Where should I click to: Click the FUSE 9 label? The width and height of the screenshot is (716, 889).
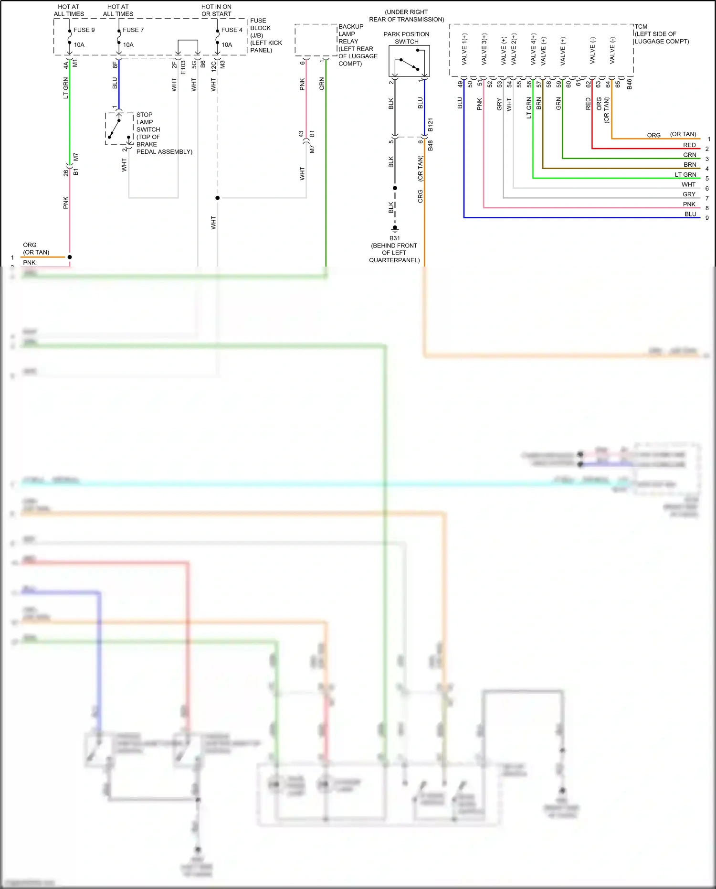tap(84, 30)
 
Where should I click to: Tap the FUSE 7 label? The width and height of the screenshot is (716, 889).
tap(133, 30)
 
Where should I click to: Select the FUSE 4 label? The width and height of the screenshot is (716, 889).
tap(232, 30)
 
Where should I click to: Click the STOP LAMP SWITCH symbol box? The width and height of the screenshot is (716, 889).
tap(119, 129)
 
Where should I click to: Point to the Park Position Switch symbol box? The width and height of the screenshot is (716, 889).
tap(409, 61)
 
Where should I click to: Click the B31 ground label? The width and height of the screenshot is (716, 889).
tap(395, 238)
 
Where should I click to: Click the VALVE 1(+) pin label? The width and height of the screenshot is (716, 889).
tap(464, 49)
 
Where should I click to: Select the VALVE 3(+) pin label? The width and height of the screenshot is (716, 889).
tap(484, 49)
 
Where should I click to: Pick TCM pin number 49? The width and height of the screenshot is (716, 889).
tap(460, 84)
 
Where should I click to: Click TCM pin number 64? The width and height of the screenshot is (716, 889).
tap(608, 84)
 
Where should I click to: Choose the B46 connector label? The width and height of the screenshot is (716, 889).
tap(629, 84)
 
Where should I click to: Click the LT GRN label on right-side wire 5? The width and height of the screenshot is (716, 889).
tap(685, 174)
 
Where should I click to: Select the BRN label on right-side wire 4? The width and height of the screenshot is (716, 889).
tap(690, 164)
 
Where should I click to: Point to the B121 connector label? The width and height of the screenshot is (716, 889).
tap(430, 125)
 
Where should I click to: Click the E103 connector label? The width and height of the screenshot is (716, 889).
tap(183, 67)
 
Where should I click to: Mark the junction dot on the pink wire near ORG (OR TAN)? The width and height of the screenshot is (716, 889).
tap(70, 257)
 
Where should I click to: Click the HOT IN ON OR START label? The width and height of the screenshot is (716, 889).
tap(216, 10)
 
